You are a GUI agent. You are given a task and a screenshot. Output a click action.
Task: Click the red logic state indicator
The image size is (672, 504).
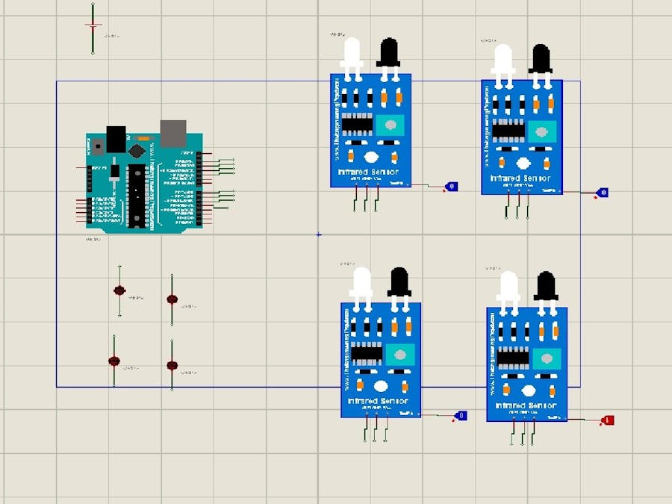[609, 420]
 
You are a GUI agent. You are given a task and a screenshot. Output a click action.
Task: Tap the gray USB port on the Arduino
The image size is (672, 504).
[172, 132]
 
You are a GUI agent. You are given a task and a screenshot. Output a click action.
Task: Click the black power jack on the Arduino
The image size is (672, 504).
[116, 137]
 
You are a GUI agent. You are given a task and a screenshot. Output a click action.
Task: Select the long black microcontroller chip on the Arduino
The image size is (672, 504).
[137, 195]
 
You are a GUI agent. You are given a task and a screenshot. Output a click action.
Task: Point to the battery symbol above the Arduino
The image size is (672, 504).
[93, 26]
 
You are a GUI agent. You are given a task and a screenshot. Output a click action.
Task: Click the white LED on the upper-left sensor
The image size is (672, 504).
[352, 53]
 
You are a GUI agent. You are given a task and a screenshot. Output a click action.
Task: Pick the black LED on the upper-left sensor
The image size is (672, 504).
[388, 53]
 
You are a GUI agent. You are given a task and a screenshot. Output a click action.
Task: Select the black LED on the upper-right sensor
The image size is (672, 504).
[541, 58]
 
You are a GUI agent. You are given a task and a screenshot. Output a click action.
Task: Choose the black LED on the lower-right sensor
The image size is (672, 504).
[546, 286]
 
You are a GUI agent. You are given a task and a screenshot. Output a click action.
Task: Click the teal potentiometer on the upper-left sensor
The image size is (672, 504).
[390, 125]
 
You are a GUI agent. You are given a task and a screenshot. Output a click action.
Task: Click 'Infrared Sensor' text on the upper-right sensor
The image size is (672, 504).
[521, 178]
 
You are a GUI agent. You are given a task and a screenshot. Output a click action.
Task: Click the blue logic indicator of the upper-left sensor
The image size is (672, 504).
[452, 186]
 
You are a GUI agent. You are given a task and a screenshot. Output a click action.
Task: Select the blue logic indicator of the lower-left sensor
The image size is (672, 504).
[461, 415]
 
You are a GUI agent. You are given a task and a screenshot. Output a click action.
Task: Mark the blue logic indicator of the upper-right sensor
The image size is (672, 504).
[603, 193]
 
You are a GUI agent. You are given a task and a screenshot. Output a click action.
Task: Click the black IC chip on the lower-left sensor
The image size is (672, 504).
[367, 352]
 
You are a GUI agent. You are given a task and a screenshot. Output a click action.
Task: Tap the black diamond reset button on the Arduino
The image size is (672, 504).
[136, 150]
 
